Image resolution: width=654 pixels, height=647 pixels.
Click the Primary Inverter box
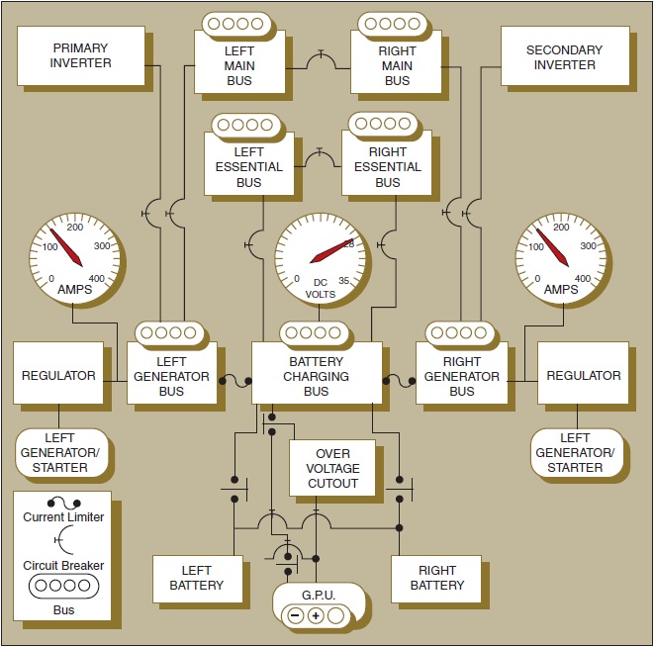click(81, 56)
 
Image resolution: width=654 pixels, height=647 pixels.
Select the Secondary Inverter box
click(564, 57)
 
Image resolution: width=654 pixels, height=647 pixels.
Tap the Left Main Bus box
click(238, 65)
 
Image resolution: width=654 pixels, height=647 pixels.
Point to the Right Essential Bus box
click(387, 168)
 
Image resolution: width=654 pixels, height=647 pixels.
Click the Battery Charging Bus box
click(317, 375)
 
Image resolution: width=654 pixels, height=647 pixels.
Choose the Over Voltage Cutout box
click(331, 468)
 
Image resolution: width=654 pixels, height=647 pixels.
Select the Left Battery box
click(196, 578)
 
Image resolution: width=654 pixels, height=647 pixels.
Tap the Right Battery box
click(436, 578)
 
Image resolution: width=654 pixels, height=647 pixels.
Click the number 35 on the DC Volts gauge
click(342, 279)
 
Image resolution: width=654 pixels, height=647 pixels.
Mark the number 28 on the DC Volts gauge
click(348, 243)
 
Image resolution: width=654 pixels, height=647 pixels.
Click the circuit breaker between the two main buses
click(320, 60)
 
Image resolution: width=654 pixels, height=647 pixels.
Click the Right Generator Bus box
click(461, 375)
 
